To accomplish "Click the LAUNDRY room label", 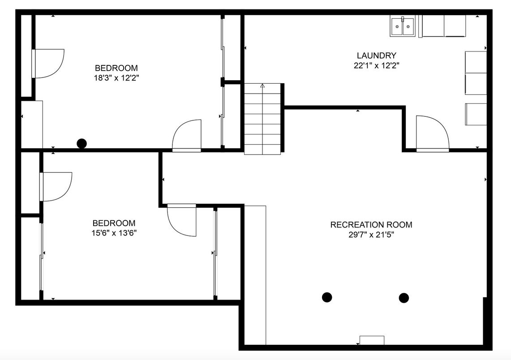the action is pos(376,56).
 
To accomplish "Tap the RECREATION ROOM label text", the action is pos(371,224).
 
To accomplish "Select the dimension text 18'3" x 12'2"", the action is pos(116,78).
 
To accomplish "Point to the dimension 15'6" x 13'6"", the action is pos(114,233).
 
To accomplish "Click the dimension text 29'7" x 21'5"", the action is pos(371,235).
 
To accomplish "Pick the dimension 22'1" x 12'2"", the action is pos(376,65).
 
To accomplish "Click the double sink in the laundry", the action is pos(403,26).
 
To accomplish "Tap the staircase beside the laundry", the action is pos(262,119).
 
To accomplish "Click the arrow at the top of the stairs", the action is pos(262,86).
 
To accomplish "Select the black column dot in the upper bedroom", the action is pos(82,143).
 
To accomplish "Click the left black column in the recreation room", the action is pos(327,297).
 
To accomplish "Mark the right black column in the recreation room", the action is pos(404,298).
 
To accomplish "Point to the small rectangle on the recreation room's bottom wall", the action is pos(372,340).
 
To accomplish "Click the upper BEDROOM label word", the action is pos(116,68).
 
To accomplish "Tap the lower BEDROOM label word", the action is pos(114,223).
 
